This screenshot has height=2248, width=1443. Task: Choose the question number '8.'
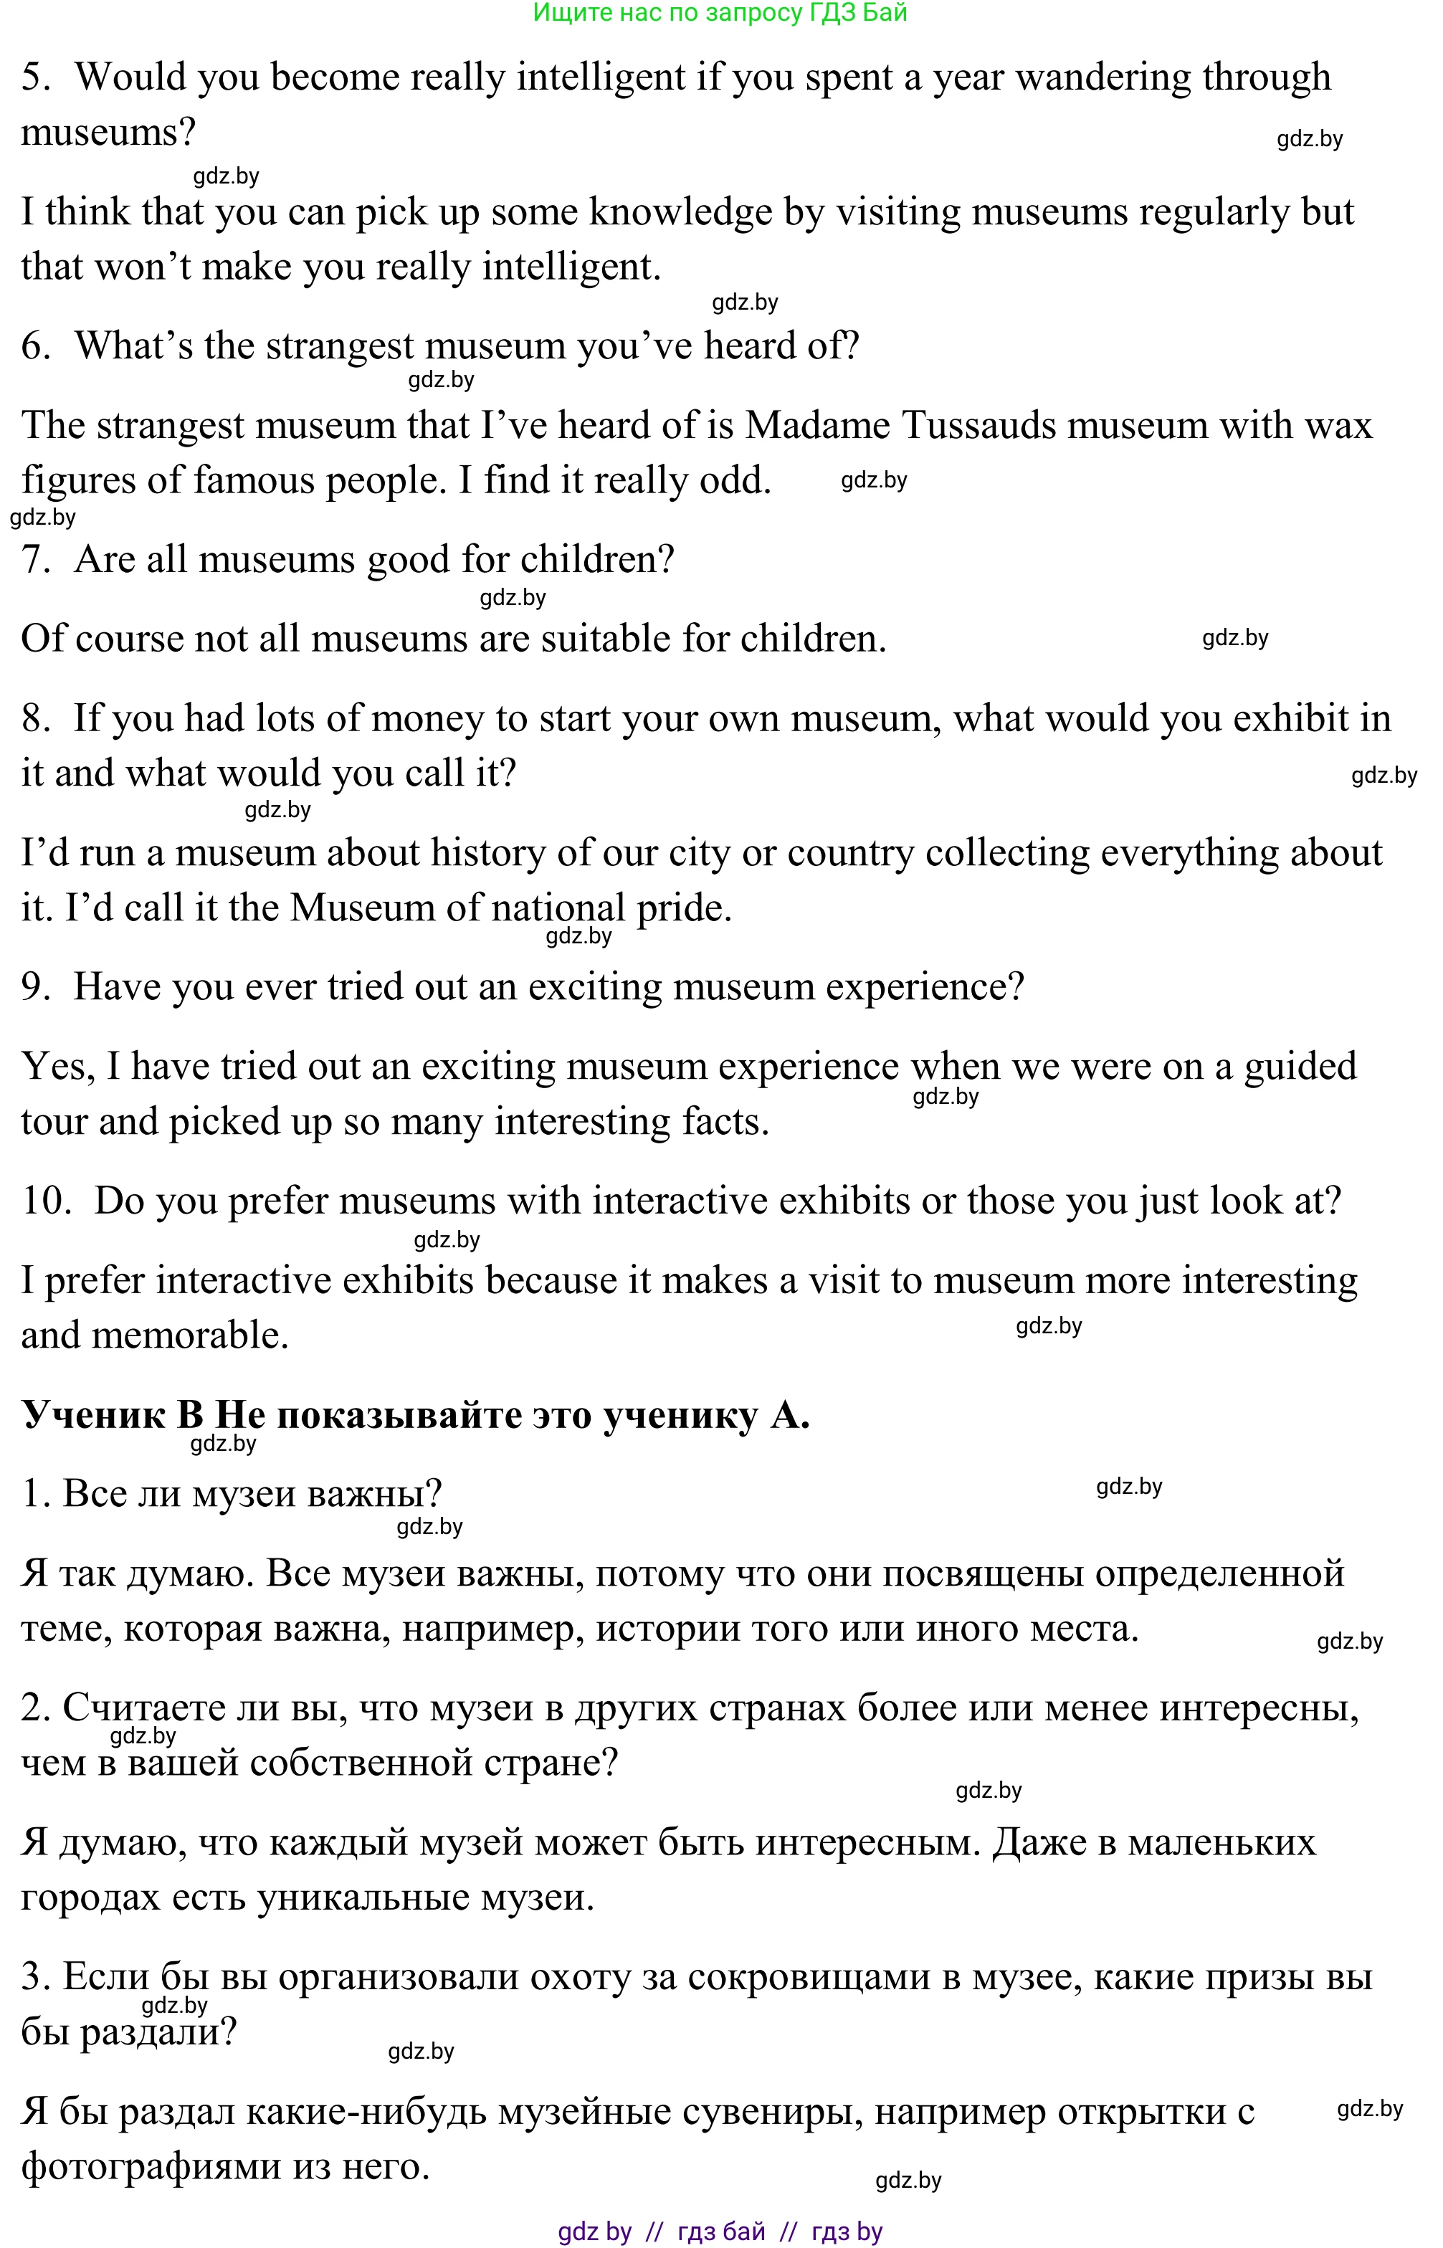36,719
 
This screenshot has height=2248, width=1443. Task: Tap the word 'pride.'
684,908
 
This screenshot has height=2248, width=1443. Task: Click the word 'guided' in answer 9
1300,1067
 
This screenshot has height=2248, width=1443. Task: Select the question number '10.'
46,1201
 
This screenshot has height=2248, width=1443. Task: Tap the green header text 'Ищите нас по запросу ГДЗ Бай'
720,13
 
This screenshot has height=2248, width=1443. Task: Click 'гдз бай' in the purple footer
720,2231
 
